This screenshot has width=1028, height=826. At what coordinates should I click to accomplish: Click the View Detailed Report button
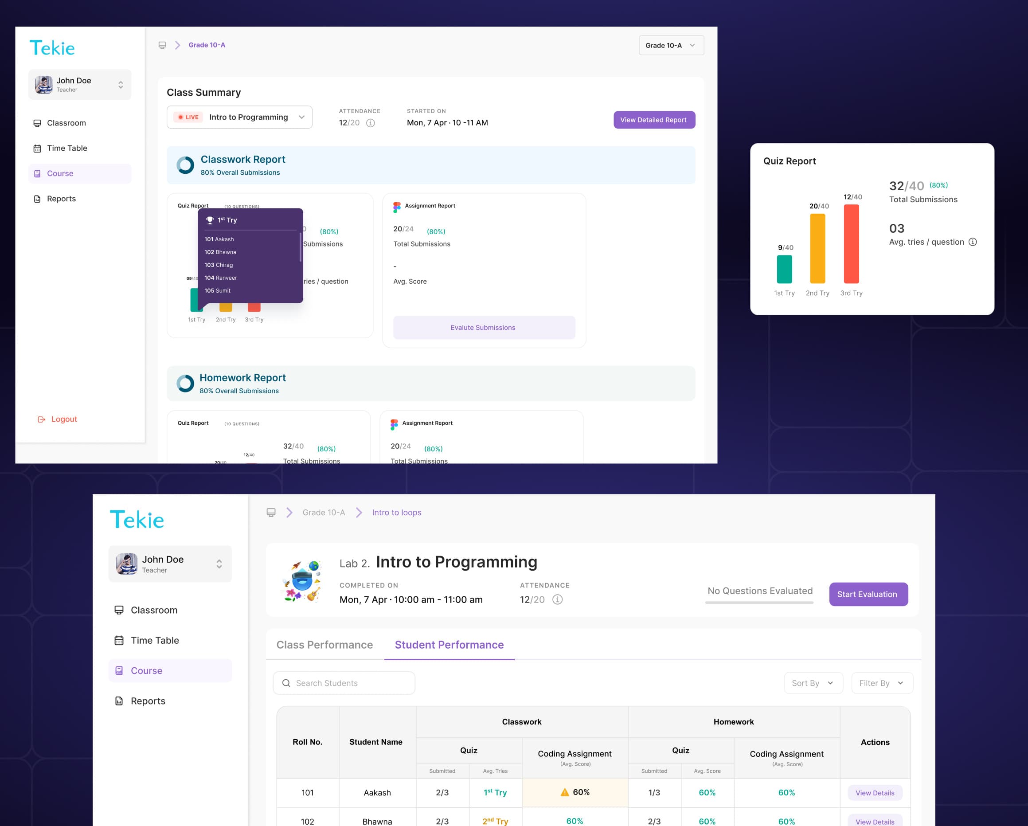click(654, 120)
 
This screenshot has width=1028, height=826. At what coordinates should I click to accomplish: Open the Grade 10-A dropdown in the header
click(671, 45)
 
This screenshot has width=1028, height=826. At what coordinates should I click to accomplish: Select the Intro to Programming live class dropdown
click(239, 117)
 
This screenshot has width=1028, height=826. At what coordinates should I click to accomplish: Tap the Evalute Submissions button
click(484, 328)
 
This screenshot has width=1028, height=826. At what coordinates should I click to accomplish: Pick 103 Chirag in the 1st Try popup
click(219, 265)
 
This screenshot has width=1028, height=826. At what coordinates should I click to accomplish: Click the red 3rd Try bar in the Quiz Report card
click(851, 244)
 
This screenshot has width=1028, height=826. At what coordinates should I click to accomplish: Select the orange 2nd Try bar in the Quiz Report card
click(817, 248)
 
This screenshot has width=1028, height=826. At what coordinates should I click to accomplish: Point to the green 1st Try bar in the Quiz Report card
click(784, 269)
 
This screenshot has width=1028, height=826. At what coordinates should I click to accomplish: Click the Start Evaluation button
click(868, 594)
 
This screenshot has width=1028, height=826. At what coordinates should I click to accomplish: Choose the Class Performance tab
click(324, 645)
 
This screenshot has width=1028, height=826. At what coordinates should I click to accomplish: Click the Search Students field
click(344, 683)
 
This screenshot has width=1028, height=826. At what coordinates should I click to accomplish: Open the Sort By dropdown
click(813, 683)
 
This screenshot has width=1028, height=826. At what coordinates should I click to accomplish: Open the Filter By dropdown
click(881, 683)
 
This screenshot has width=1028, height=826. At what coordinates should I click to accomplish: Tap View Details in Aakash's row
click(875, 793)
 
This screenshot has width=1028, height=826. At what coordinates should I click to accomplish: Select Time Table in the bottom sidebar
click(154, 641)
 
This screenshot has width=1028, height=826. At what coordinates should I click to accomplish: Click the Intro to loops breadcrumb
click(396, 513)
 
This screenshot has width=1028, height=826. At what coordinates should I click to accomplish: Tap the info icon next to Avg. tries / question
click(973, 242)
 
